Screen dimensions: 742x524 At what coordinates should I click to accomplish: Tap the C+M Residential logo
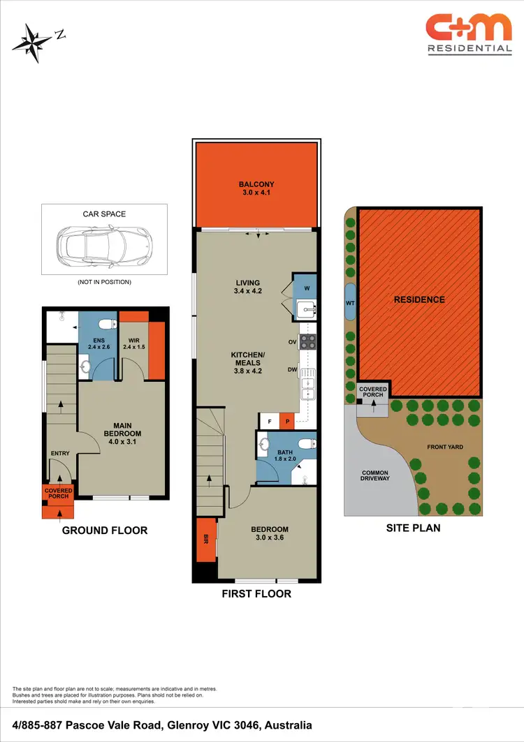tap(469, 35)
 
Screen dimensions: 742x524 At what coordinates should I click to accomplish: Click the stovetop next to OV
tap(308, 342)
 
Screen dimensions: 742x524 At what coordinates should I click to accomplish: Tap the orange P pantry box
tap(286, 421)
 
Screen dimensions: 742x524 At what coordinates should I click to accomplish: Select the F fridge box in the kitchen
tap(269, 421)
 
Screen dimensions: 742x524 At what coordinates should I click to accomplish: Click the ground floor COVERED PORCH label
tap(59, 494)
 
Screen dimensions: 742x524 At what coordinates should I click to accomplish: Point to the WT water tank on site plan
tap(351, 303)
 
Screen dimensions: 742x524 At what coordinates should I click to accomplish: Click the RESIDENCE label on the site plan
tap(419, 299)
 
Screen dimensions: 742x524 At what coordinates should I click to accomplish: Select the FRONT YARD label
tap(445, 447)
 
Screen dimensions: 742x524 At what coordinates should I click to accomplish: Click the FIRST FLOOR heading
tap(256, 593)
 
